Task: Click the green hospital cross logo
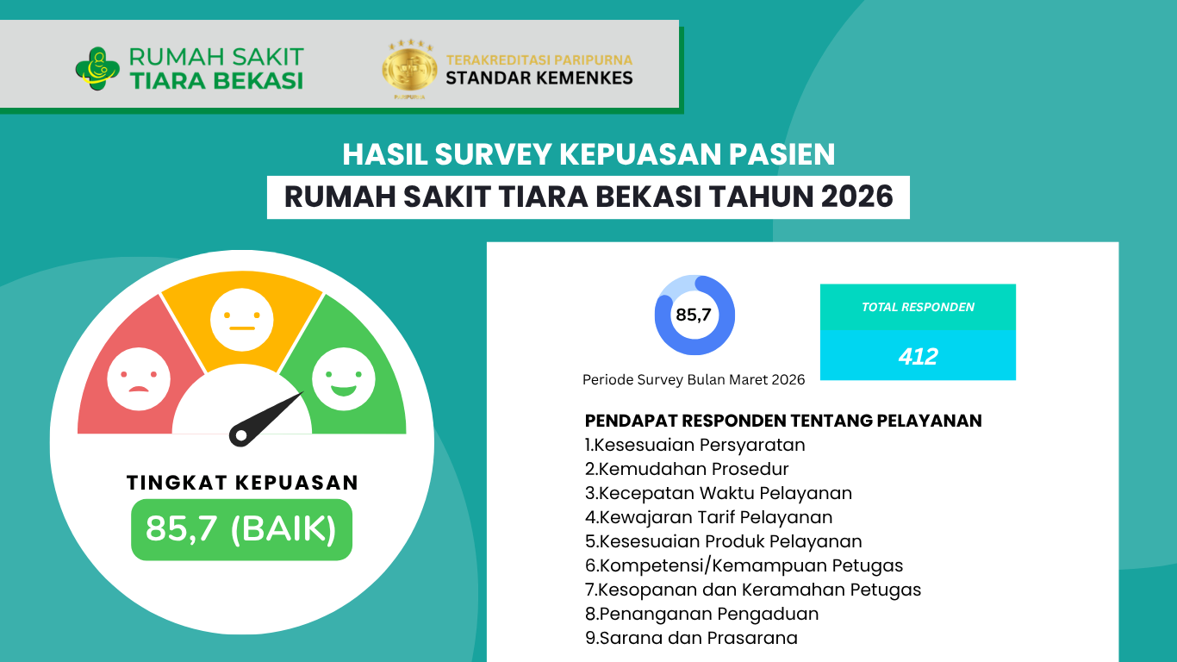coord(97,69)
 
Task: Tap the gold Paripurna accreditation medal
coord(409,68)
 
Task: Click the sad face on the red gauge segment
coord(139,378)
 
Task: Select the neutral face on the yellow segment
coord(242,319)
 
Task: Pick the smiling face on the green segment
coord(344,378)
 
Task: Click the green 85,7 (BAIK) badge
coord(242,529)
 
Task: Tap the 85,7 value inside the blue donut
coord(694,315)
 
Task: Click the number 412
coord(918,357)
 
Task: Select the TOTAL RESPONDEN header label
coord(918,307)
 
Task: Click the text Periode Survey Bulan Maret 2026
coord(694,379)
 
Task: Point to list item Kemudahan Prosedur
coord(687,469)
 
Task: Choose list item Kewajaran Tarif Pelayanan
coord(709,517)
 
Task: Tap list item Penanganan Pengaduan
coord(702,614)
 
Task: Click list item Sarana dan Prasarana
coord(692,638)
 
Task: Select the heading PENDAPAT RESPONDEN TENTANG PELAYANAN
coord(783,421)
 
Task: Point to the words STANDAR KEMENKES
coord(539,78)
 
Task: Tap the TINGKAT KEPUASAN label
coord(242,483)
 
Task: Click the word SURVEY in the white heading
coord(493,154)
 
